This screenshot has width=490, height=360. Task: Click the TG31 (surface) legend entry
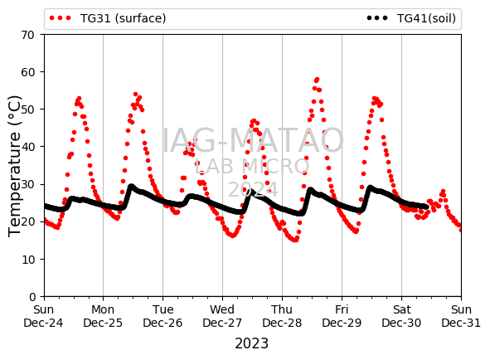pyautogui.click(x=108, y=18)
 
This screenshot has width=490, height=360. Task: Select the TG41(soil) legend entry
pyautogui.click(x=411, y=18)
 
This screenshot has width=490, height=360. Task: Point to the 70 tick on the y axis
pyautogui.click(x=27, y=35)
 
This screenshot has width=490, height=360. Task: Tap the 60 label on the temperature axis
pyautogui.click(x=27, y=72)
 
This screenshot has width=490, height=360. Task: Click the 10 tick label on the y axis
pyautogui.click(x=27, y=260)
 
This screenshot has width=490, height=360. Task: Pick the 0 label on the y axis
pyautogui.click(x=32, y=297)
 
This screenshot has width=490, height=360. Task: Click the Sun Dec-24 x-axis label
pyautogui.click(x=43, y=316)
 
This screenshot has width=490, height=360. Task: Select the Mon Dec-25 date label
pyautogui.click(x=103, y=316)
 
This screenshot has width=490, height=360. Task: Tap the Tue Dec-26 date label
pyautogui.click(x=163, y=316)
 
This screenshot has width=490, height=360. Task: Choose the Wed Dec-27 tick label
pyautogui.click(x=222, y=316)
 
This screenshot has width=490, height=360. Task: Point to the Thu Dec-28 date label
pyautogui.click(x=282, y=316)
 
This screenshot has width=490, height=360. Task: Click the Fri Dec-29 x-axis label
pyautogui.click(x=342, y=316)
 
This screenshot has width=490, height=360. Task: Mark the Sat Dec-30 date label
pyautogui.click(x=401, y=316)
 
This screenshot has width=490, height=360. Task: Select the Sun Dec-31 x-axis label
pyautogui.click(x=461, y=316)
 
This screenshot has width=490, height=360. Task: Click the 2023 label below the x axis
pyautogui.click(x=251, y=343)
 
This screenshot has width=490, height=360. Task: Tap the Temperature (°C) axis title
pyautogui.click(x=14, y=166)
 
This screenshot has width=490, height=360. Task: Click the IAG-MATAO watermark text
pyautogui.click(x=253, y=140)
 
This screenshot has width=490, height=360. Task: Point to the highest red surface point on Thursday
pyautogui.click(x=318, y=80)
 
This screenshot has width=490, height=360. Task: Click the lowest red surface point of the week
pyautogui.click(x=294, y=241)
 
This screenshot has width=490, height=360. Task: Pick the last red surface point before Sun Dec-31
pyautogui.click(x=461, y=230)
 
